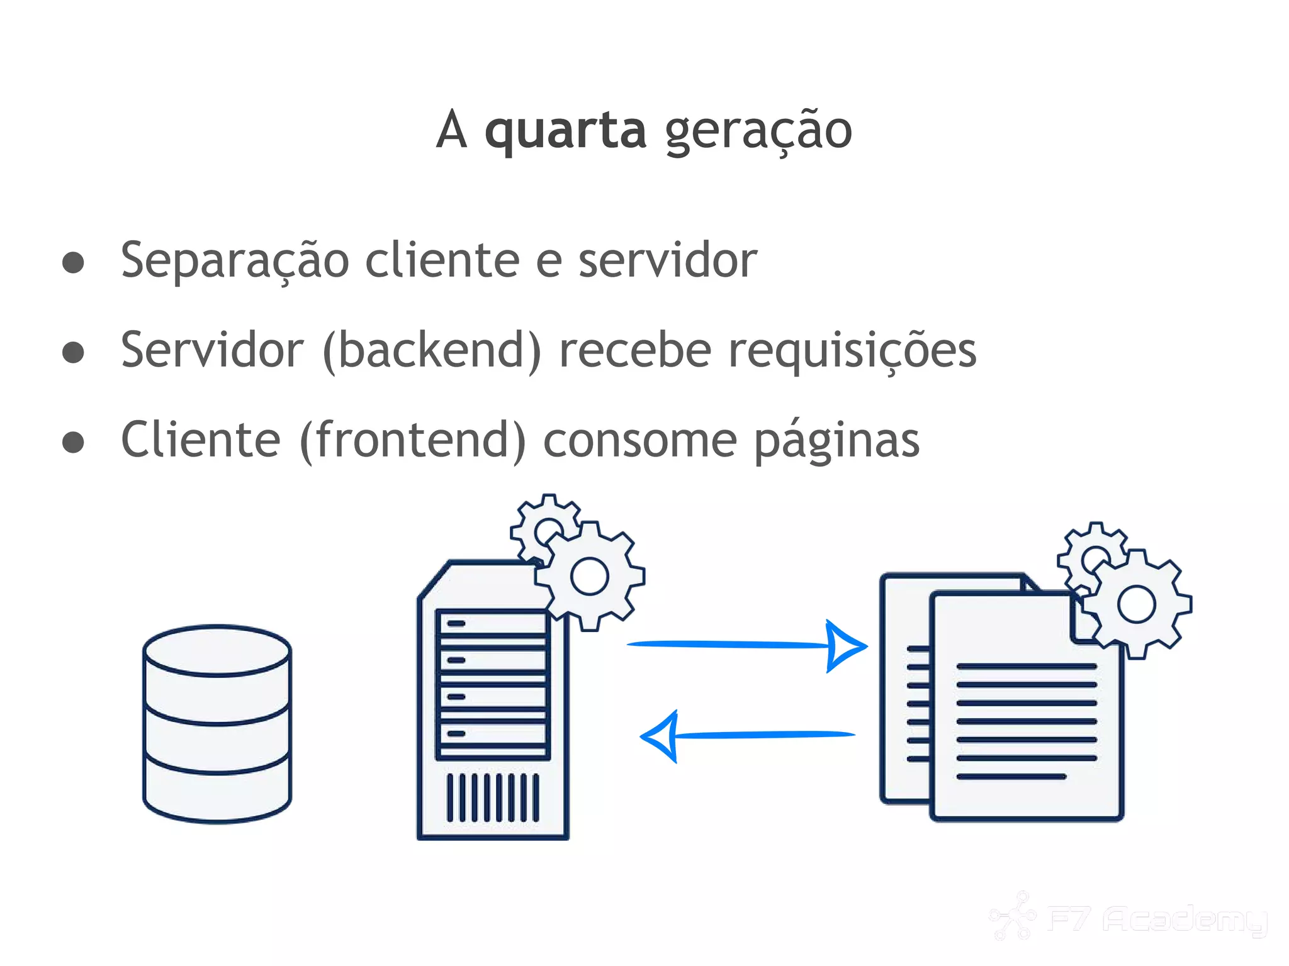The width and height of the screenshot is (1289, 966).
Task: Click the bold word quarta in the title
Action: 565,131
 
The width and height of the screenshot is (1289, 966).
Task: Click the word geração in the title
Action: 758,131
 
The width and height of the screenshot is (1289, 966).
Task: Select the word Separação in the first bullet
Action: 235,261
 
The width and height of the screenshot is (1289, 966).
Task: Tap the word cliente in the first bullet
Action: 442,260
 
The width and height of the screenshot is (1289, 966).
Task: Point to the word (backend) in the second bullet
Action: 431,350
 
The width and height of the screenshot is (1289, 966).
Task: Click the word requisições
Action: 852,350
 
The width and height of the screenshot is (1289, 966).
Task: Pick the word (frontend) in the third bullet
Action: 413,440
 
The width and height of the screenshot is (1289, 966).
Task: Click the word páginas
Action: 836,441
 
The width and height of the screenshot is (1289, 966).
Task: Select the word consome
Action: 639,441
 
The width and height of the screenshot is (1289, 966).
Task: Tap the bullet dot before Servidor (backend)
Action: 74,352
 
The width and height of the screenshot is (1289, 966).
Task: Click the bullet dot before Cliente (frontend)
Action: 74,441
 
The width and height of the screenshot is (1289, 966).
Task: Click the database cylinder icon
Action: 217,723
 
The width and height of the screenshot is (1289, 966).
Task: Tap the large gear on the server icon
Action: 590,575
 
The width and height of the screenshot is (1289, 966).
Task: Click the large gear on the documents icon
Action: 1137,604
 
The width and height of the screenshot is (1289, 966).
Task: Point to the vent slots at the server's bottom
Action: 493,797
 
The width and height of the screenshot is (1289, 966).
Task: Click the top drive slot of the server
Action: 493,624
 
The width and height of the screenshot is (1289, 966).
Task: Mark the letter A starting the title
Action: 452,131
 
